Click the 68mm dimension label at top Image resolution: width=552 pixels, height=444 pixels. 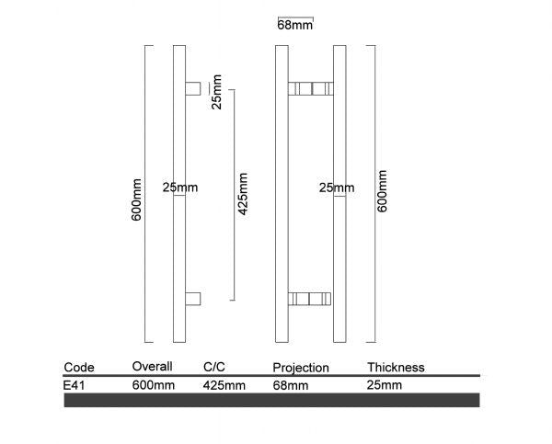tap(294, 27)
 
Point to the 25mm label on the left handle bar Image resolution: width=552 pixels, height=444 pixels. tap(179, 188)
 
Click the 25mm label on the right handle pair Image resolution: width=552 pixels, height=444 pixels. tap(336, 188)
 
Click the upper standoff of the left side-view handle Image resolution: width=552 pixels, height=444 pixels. tap(193, 88)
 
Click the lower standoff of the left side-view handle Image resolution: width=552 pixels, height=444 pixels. tap(193, 298)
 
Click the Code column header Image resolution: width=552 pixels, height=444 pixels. tap(79, 367)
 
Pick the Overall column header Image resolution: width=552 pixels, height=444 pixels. tap(153, 366)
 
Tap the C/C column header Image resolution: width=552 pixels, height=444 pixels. tap(214, 367)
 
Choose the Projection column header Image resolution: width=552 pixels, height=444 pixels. tap(300, 368)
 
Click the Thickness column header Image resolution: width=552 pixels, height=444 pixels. tap(396, 367)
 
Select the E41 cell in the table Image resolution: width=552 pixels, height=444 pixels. tap(75, 385)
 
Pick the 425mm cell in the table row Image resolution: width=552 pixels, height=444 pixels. tap(224, 385)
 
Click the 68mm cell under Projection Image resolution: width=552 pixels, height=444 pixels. tap(292, 385)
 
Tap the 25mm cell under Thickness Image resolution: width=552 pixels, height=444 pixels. tap(385, 385)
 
